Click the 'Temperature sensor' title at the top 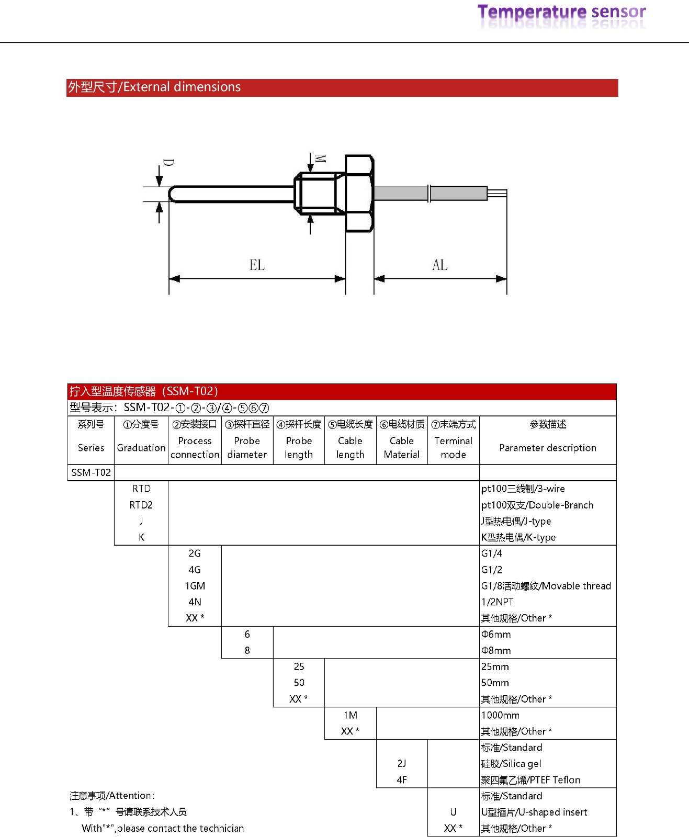(x=561, y=12)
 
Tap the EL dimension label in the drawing (x=257, y=265)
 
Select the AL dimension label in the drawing (x=439, y=265)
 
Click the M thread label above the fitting (x=321, y=159)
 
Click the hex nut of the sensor (x=359, y=193)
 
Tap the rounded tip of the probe (x=173, y=194)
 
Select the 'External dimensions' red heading (x=154, y=87)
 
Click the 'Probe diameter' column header (x=247, y=447)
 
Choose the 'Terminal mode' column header (x=453, y=447)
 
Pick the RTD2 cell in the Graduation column (x=141, y=505)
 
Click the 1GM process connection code (x=195, y=586)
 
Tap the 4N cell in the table (x=195, y=602)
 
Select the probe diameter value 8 (x=247, y=650)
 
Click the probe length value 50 (x=299, y=683)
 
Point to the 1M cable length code (x=350, y=715)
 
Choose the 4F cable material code (x=401, y=780)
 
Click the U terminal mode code (x=453, y=812)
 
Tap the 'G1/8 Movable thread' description (x=546, y=586)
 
